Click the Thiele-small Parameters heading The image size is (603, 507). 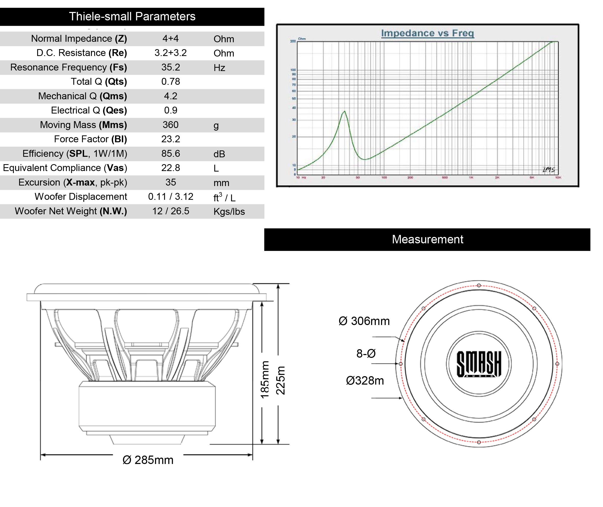[x=132, y=16]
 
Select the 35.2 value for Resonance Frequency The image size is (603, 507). [x=171, y=67]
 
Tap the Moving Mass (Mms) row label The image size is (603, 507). [x=83, y=125]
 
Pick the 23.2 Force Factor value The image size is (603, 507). [x=171, y=139]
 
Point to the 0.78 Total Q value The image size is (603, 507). [x=171, y=82]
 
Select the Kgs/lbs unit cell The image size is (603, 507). [x=229, y=212]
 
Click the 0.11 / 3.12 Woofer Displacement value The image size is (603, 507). [x=171, y=196]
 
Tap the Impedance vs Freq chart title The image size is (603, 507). [x=427, y=33]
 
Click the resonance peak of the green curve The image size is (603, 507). [x=344, y=111]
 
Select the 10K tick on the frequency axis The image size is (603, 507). [x=558, y=178]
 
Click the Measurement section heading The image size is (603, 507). [x=427, y=240]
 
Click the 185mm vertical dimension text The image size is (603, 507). [x=265, y=380]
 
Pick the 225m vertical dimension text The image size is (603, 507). [x=281, y=380]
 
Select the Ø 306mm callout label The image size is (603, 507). [x=364, y=321]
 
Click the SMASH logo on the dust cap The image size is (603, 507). [x=479, y=364]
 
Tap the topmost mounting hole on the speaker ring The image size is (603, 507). [x=479, y=285]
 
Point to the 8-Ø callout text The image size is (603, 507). [x=366, y=354]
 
